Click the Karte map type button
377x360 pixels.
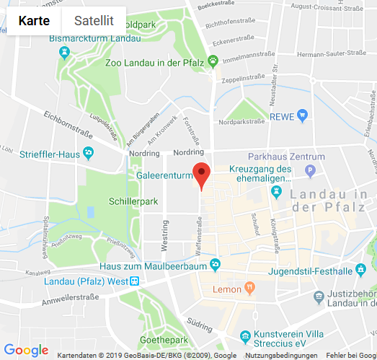point(35,21)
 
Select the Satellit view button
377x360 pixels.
point(94,21)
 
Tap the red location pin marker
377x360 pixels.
point(201,174)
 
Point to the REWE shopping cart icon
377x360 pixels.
point(303,115)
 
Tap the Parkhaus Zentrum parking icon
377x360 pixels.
point(311,171)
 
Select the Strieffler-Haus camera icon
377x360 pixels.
point(88,153)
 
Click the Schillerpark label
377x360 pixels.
point(133,201)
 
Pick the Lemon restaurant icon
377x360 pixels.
point(249,289)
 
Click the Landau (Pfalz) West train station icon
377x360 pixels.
point(134,281)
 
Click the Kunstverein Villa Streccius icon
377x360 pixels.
point(246,335)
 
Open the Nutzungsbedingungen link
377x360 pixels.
point(280,356)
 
